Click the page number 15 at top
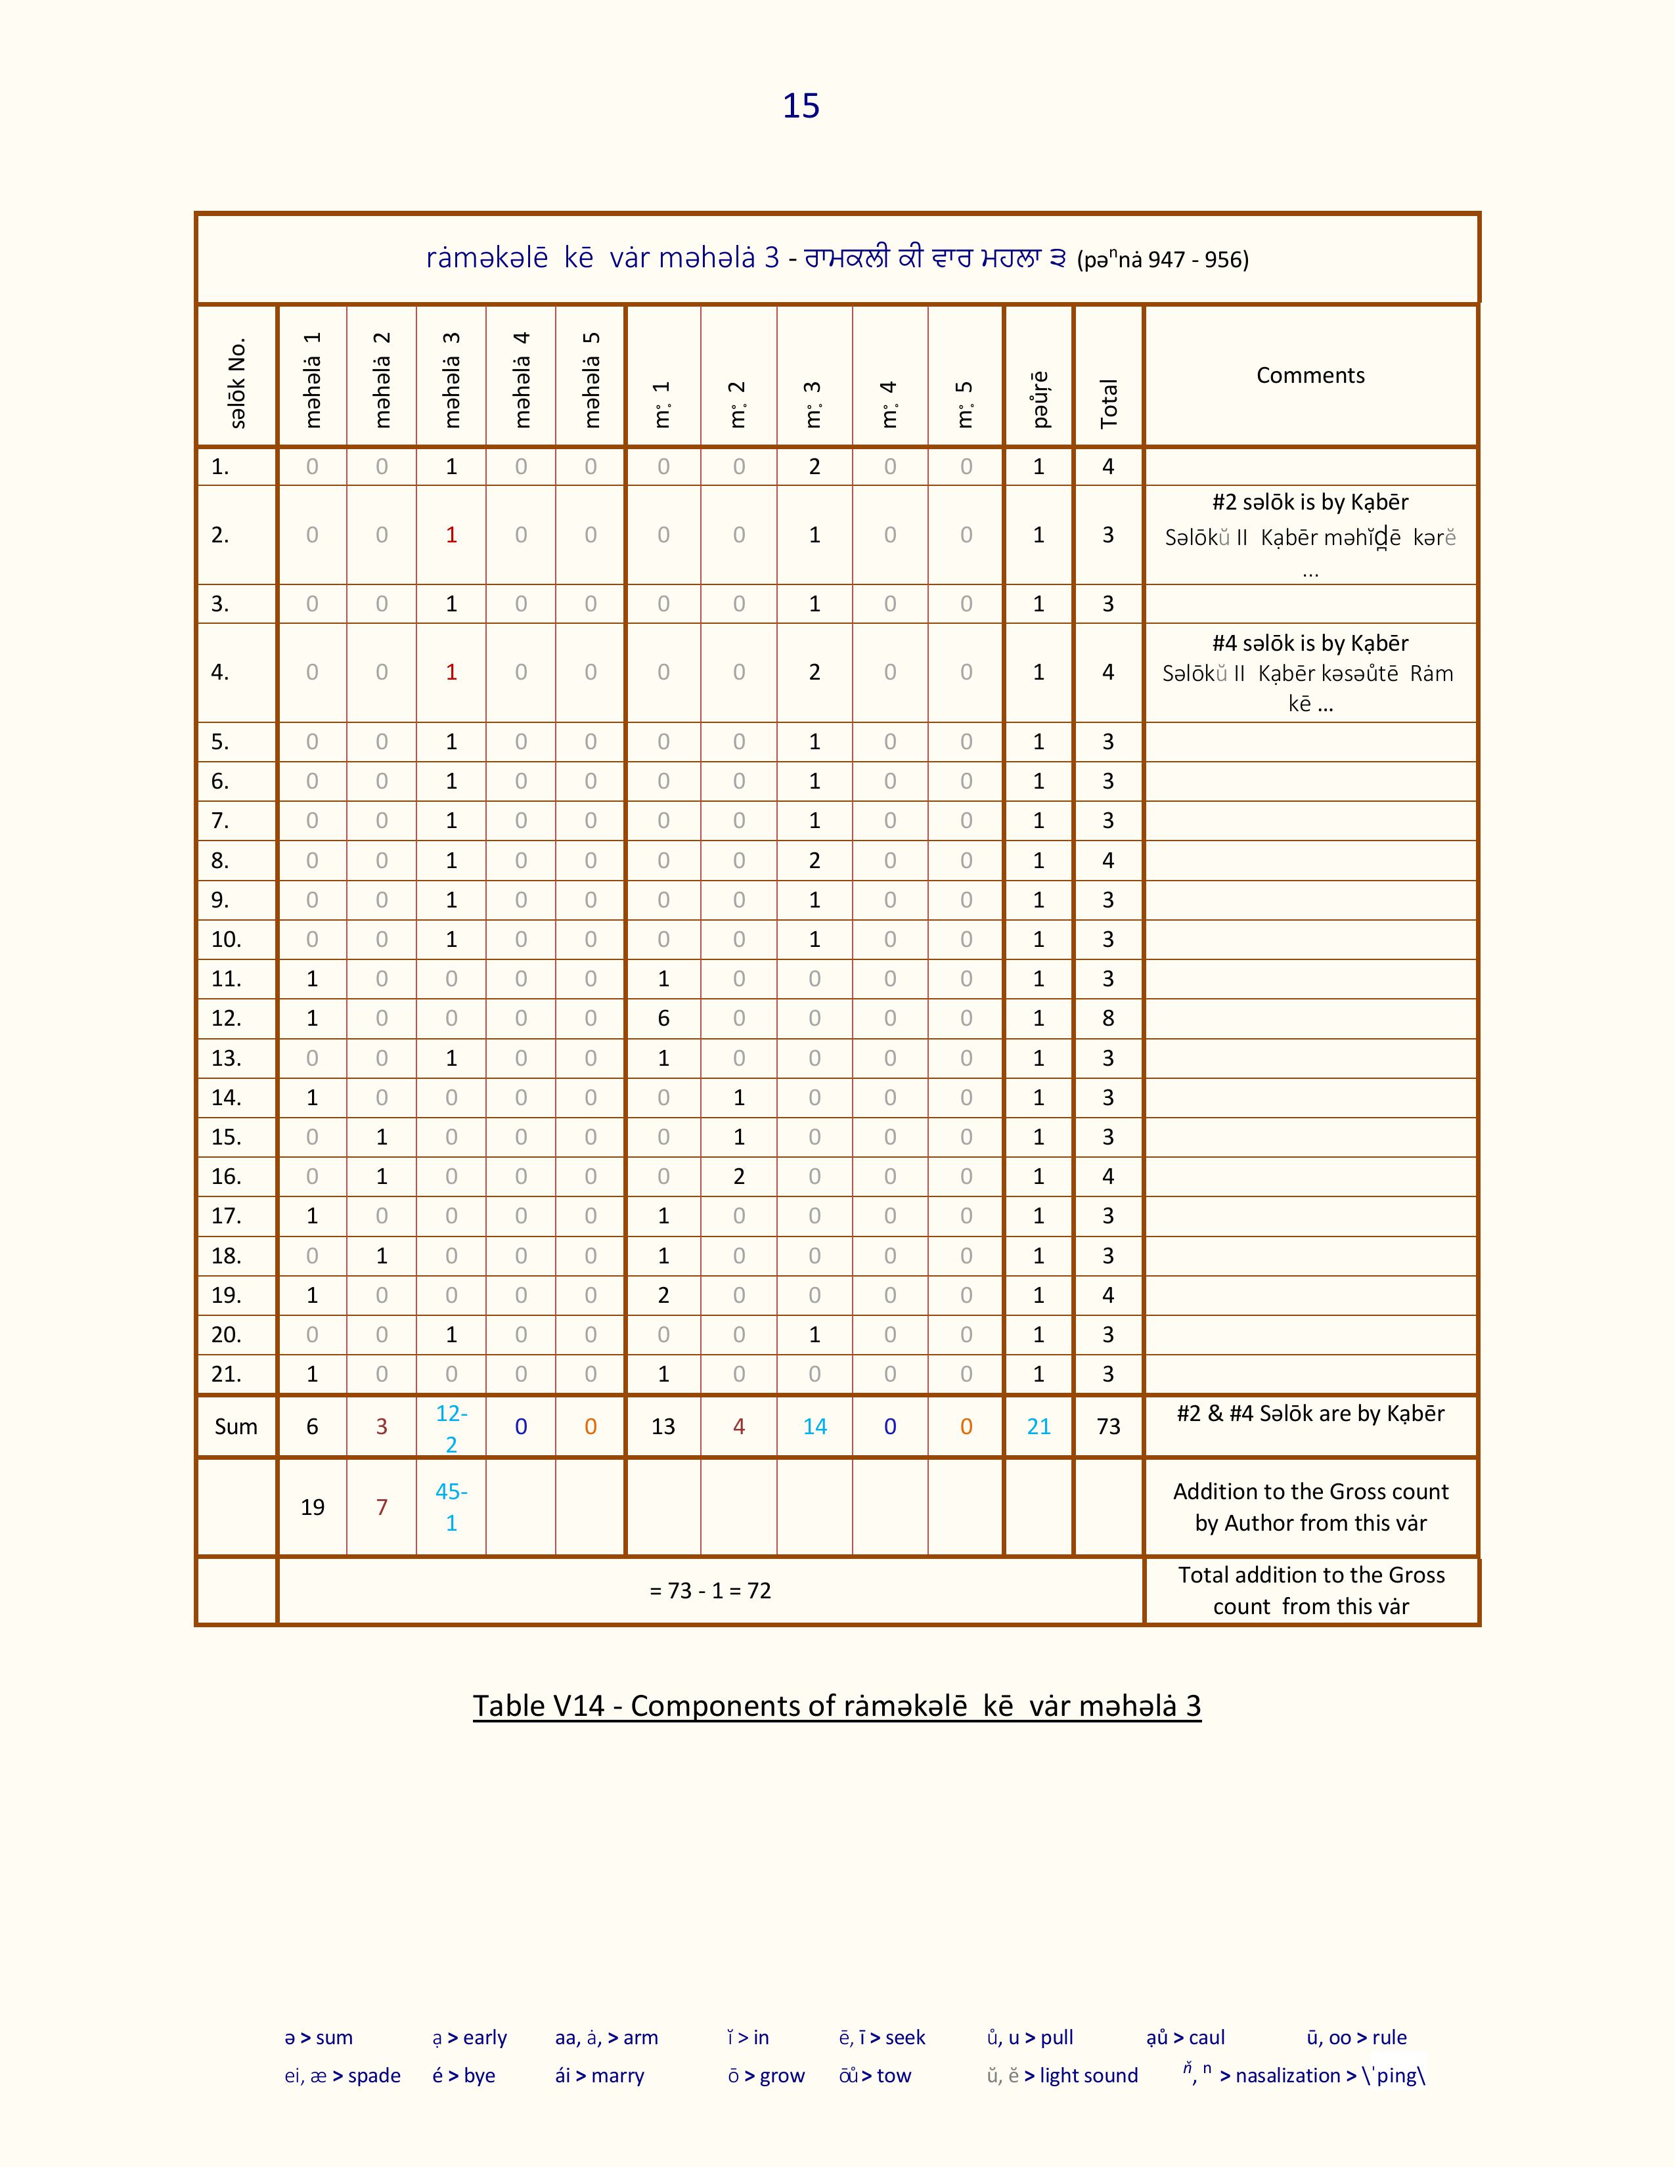pos(801,106)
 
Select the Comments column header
pos(1310,375)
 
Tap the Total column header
pos(1108,403)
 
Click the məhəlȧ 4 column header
pos(521,380)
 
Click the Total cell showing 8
pos(1108,1018)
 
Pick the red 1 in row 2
pos(451,535)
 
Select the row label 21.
pos(226,1374)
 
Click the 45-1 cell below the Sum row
pos(451,1506)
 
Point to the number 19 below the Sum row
pos(313,1507)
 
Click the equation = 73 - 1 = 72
pos(711,1590)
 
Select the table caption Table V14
pos(836,1705)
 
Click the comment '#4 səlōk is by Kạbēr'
pos(1310,643)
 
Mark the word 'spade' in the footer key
pos(374,2076)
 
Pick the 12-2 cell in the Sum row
pos(451,1428)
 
